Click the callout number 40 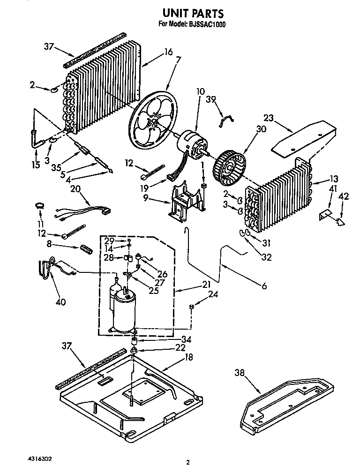[x=60, y=302]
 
